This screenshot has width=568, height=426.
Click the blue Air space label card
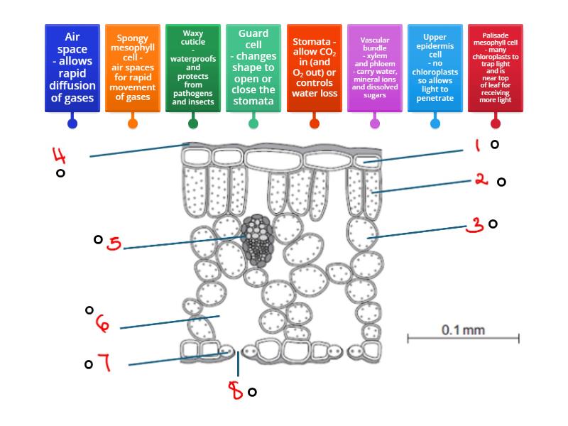[72, 67]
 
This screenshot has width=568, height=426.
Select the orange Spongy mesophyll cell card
[132, 67]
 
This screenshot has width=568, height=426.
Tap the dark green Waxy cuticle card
[192, 67]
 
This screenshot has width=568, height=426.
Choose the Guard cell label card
[253, 67]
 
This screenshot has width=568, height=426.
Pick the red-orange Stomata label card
[314, 67]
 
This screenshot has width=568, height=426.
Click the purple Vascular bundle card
[374, 67]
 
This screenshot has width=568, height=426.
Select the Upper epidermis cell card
[435, 67]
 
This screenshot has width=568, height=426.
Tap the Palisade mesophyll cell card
[495, 67]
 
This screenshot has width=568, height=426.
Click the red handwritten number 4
[60, 154]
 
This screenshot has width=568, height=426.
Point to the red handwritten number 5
[114, 244]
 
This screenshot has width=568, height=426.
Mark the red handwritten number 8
[235, 390]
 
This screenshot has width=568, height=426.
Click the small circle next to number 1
[495, 144]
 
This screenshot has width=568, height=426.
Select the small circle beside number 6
[89, 310]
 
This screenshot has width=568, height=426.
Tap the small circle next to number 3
[493, 224]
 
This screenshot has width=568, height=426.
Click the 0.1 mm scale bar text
[463, 329]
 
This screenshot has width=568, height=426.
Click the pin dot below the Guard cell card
[253, 123]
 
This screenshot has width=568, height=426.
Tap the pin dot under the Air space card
[72, 123]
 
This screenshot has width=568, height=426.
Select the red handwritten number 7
[104, 363]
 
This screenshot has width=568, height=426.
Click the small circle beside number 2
[501, 182]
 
